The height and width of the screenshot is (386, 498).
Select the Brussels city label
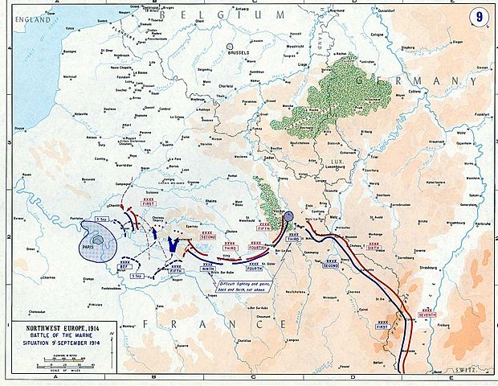pyautogui.click(x=238, y=57)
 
